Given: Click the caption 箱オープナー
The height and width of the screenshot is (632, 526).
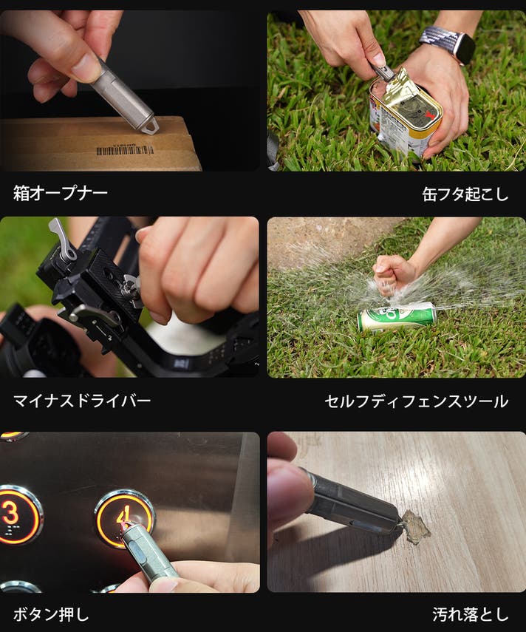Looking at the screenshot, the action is coord(61,193).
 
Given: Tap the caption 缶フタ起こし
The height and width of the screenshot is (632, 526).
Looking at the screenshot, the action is coord(465,194).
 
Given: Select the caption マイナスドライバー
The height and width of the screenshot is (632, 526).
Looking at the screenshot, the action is coord(82,401).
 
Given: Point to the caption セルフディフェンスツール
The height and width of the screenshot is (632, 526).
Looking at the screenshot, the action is coord(417,401).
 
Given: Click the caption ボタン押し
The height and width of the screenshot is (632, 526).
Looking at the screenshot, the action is coord(51,614).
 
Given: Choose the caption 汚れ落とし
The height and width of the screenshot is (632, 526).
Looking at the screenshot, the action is coord(471,614).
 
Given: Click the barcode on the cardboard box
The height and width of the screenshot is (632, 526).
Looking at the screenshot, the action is coord(125,150).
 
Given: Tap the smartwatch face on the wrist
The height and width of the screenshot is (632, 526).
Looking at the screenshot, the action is coord(465,48).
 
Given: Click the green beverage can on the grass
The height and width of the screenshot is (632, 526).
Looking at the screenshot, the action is coord(396,316).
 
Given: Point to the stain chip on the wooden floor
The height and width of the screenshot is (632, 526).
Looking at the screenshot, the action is coord(414,527).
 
